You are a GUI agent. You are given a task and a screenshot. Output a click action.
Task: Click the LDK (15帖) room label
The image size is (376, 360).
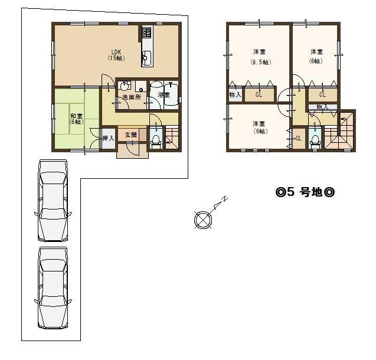115,55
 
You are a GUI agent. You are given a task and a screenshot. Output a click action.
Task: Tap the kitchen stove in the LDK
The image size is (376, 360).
146,33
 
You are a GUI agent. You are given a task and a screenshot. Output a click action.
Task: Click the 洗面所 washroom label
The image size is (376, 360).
131,97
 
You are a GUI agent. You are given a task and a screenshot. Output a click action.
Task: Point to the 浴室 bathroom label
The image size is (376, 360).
164,94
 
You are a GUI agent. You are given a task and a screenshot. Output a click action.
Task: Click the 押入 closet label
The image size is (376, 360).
108,138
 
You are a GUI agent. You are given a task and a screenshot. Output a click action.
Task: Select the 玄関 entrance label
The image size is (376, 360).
130,135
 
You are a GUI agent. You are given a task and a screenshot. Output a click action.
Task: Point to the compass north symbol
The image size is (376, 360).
202,220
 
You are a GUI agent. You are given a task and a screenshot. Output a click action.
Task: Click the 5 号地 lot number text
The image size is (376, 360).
305,192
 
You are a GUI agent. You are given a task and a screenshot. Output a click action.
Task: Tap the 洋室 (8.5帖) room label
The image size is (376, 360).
260,57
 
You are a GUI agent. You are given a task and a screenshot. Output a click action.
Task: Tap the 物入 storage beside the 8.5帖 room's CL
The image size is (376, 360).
234,94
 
